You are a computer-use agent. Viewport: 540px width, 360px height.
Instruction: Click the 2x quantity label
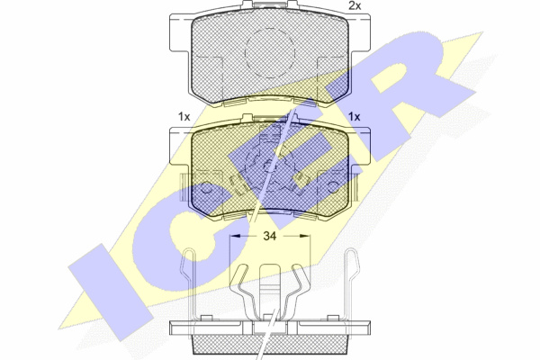[355, 5]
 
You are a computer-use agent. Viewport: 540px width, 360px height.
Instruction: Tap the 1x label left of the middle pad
[184, 117]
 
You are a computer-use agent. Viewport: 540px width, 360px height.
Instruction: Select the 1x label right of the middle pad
[354, 117]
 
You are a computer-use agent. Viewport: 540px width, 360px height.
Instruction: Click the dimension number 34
[270, 236]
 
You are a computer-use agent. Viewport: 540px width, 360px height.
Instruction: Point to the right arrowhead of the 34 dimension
[305, 236]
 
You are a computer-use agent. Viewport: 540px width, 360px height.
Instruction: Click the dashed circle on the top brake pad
[270, 53]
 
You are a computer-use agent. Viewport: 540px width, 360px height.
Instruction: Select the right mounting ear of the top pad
[360, 33]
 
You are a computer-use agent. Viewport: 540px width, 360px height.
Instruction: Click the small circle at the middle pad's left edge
[207, 188]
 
